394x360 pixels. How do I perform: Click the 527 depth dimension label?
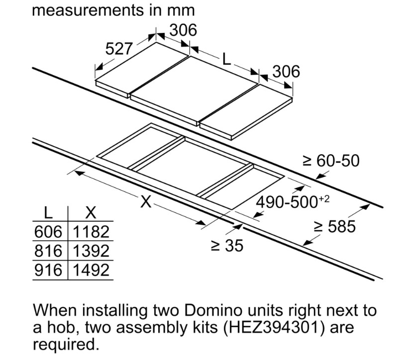pyautogui.click(x=118, y=49)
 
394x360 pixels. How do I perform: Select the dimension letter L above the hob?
pyautogui.click(x=227, y=60)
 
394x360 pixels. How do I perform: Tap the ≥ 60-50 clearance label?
pyautogui.click(x=331, y=161)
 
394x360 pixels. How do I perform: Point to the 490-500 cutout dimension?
pyautogui.click(x=292, y=202)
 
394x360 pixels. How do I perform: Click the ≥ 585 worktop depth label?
pyautogui.click(x=335, y=226)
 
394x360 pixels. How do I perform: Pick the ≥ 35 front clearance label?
pyautogui.click(x=227, y=246)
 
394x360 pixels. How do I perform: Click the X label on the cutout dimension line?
pyautogui.click(x=146, y=201)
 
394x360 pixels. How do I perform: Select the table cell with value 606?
pyautogui.click(x=48, y=232)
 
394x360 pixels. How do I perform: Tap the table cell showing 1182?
pyautogui.click(x=91, y=232)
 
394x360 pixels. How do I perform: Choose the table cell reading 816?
pyautogui.click(x=48, y=251)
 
